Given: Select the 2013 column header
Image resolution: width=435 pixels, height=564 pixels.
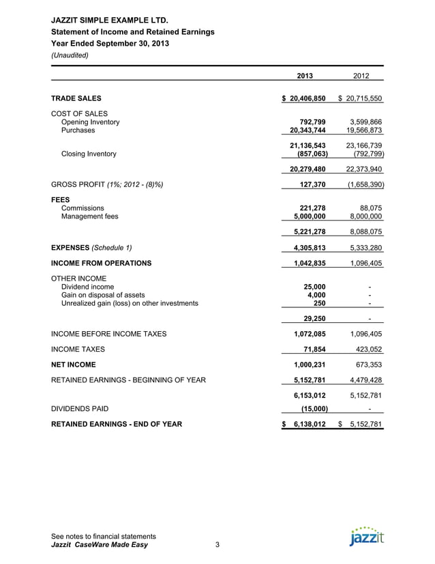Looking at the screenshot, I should coord(305,76).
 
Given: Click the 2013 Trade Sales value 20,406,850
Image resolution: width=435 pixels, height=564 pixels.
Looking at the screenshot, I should coord(307,99).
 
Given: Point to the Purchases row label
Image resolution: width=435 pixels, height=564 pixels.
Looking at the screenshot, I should coord(78,130).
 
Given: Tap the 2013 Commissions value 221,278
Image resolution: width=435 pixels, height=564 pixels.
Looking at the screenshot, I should coord(312,208).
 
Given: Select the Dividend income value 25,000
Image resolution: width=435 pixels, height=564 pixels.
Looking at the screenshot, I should coord(314,287).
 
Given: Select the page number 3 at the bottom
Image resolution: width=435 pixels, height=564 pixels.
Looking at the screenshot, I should coord(217,545).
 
